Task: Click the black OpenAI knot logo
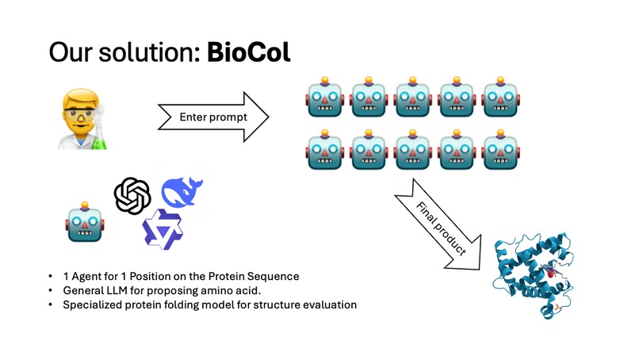tap(132, 195)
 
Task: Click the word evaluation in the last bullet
tap(331, 304)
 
